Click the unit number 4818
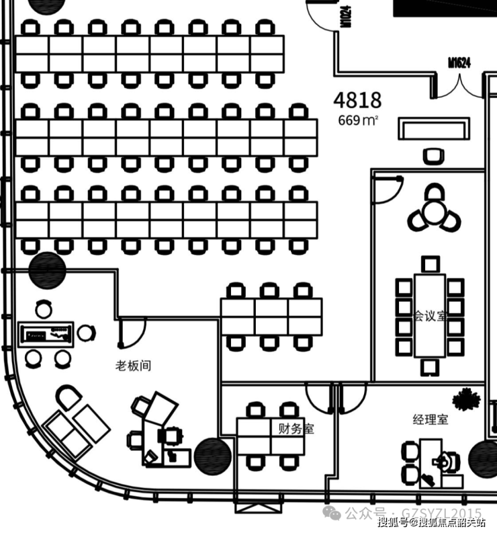pos(357,100)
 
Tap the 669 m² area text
pos(358,120)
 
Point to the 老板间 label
pos(133,366)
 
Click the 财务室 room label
pos(296,428)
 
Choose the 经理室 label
pos(431,420)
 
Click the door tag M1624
pos(459,63)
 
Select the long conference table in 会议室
pos(430,315)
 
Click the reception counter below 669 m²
pos(433,129)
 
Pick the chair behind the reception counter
pos(433,156)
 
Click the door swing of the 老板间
pos(132,331)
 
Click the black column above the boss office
pos(48,268)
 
